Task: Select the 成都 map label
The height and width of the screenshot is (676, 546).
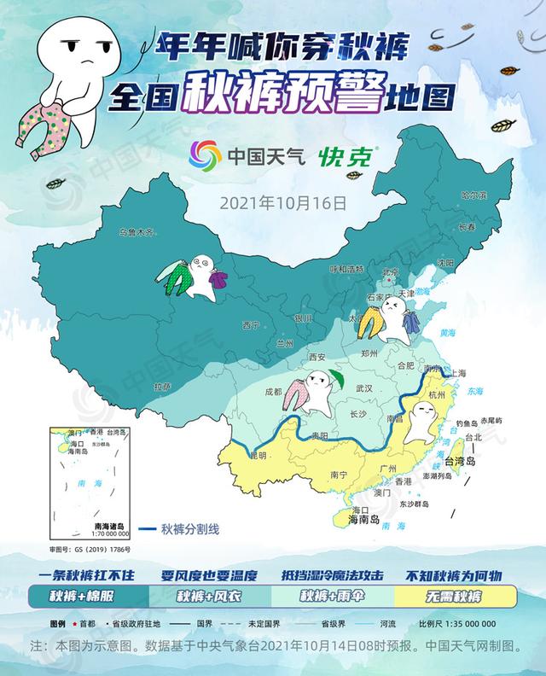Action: click(x=272, y=393)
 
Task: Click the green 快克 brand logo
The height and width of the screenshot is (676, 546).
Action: click(x=348, y=155)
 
